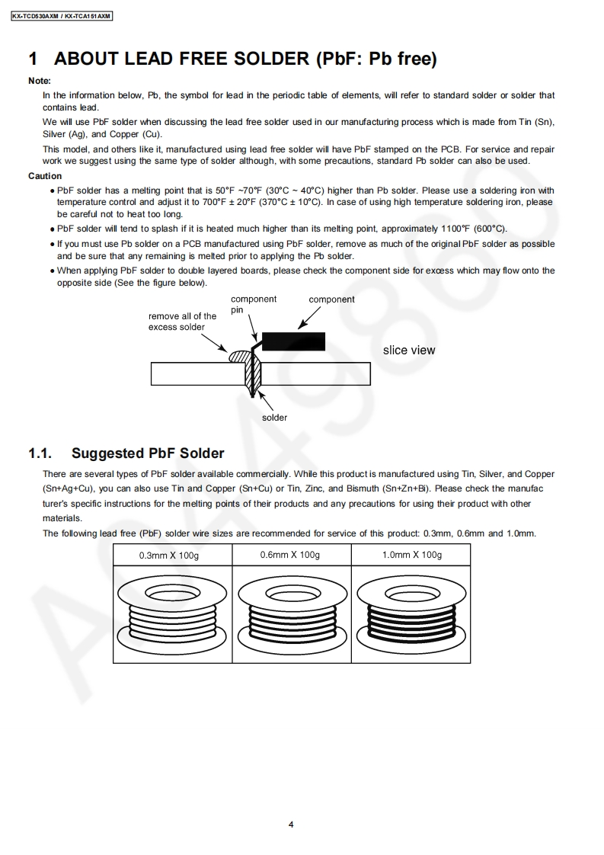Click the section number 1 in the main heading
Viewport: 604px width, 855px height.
coord(33,59)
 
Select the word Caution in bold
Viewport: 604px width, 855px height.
coord(45,176)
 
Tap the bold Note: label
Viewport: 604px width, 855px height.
coord(40,81)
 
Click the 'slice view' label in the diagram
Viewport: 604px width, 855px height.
coord(409,351)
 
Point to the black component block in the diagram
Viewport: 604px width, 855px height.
coord(293,341)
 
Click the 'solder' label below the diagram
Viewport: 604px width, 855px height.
coord(275,418)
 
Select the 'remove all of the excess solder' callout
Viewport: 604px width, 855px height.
coord(182,322)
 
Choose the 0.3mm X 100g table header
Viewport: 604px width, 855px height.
coord(168,556)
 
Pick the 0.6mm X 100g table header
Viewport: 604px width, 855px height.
coord(289,555)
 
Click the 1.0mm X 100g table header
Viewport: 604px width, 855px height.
coord(411,555)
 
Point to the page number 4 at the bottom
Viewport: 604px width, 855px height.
coord(291,824)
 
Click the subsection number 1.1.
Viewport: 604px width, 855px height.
coord(40,453)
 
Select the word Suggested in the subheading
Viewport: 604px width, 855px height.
coord(107,453)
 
